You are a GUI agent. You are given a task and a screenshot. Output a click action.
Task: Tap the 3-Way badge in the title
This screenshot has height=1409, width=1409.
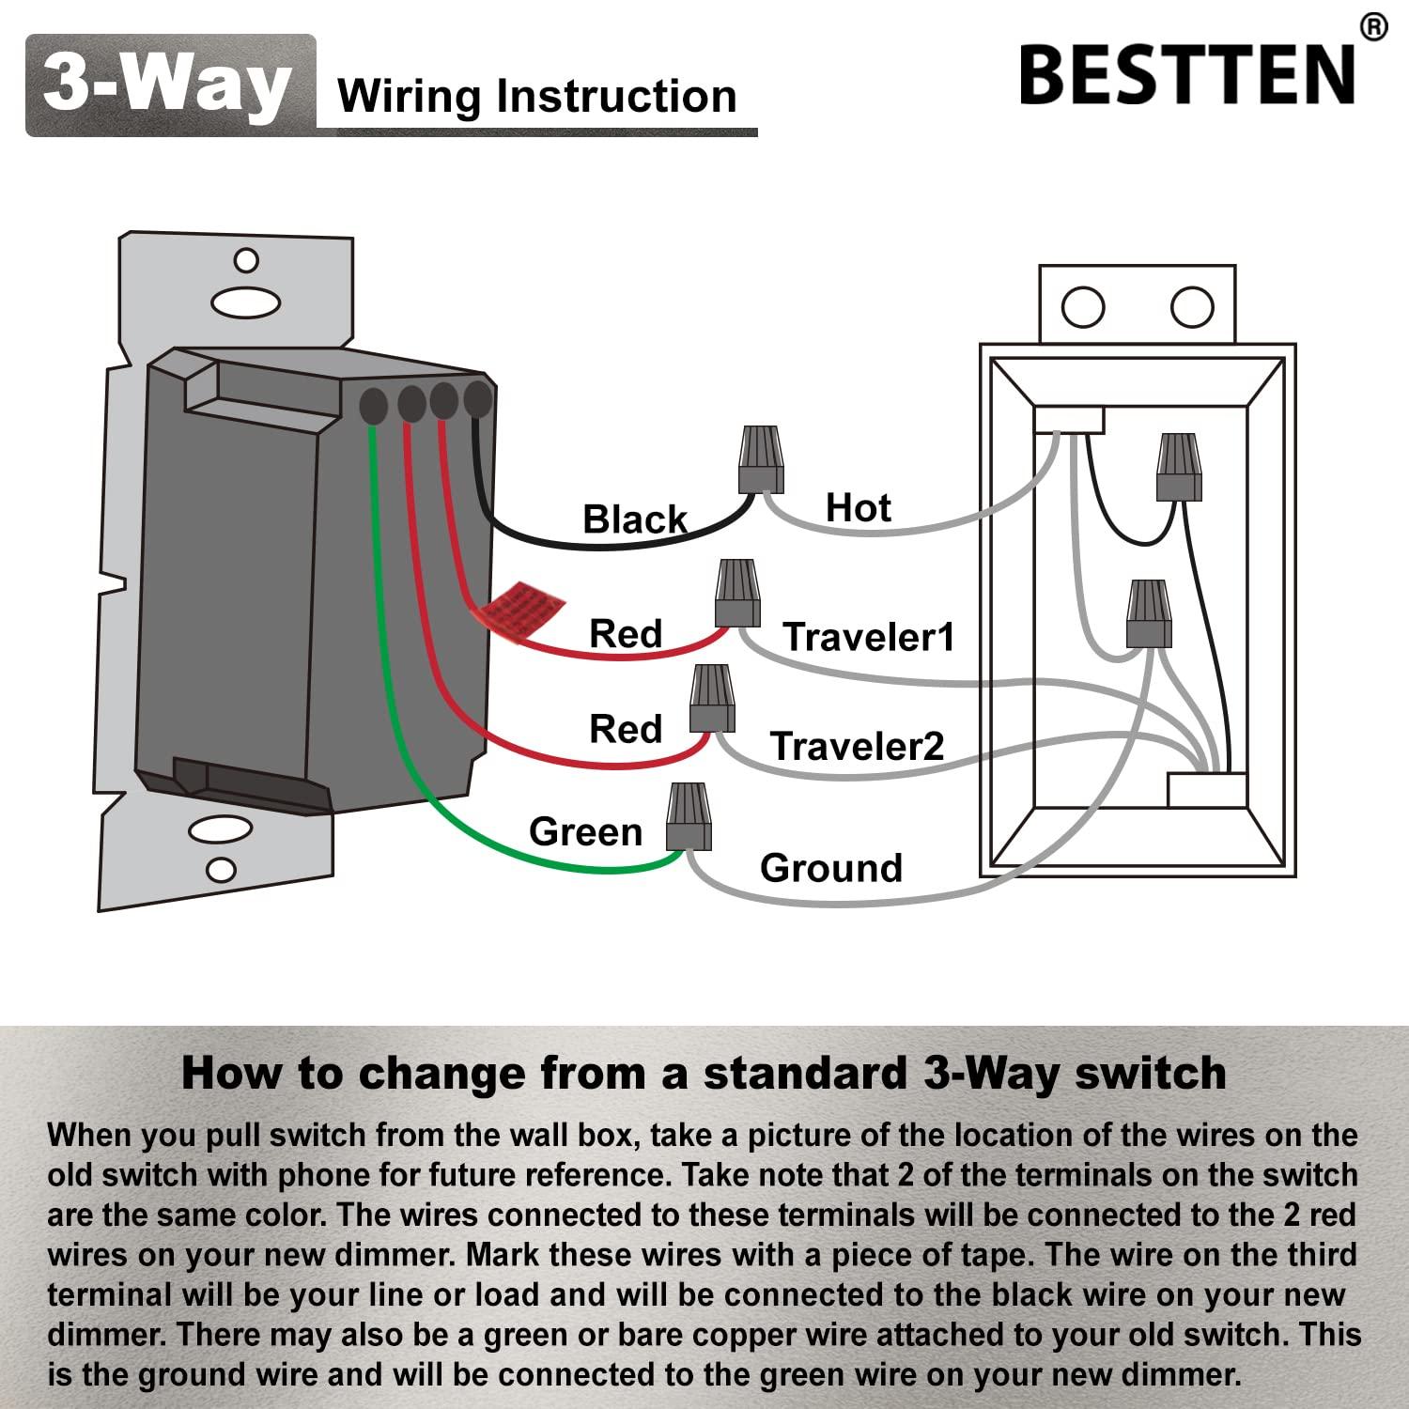point(169,85)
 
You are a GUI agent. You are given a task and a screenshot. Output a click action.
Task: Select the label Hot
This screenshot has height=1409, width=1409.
point(857,508)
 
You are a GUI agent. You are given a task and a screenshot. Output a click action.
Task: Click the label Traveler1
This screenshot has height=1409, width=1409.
point(868,637)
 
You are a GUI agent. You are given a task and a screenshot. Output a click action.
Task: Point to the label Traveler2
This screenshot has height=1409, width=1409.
point(857,746)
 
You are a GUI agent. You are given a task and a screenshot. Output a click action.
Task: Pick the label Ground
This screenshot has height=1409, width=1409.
point(830,868)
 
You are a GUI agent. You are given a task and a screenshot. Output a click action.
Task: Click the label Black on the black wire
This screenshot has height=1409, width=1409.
point(635,519)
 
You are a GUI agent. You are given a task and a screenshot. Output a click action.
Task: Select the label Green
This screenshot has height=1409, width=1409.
point(585,831)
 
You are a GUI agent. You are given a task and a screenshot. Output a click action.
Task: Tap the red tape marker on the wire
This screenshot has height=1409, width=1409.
point(517,612)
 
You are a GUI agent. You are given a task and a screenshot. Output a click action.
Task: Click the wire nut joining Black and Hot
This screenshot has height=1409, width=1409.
point(761,459)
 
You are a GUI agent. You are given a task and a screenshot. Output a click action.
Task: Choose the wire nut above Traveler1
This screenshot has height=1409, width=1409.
point(737,593)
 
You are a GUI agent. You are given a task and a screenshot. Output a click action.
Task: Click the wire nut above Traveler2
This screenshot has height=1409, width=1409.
point(712,698)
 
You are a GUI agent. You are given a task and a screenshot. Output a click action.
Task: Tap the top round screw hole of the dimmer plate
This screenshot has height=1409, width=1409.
point(246,260)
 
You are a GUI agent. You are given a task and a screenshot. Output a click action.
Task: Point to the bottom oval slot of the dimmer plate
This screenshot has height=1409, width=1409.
point(221,830)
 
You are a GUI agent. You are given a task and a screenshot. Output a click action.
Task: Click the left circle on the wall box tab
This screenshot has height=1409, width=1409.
point(1082,307)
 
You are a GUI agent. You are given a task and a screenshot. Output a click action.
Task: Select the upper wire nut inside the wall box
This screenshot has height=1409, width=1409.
point(1179,466)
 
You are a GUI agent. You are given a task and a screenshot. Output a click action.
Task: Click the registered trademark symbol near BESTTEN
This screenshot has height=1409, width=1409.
point(1372,27)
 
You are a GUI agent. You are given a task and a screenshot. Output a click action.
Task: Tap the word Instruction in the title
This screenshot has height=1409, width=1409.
point(616,97)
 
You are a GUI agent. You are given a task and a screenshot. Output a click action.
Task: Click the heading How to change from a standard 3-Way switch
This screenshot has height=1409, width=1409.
point(704,1073)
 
